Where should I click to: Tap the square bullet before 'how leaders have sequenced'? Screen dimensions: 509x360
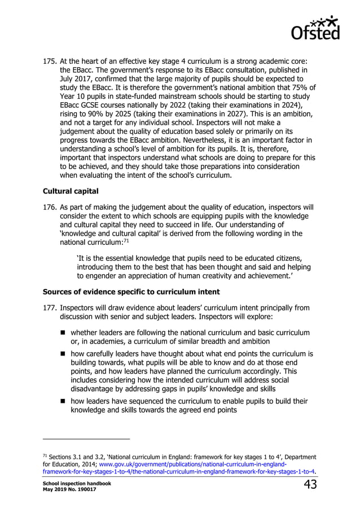pos(64,401)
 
